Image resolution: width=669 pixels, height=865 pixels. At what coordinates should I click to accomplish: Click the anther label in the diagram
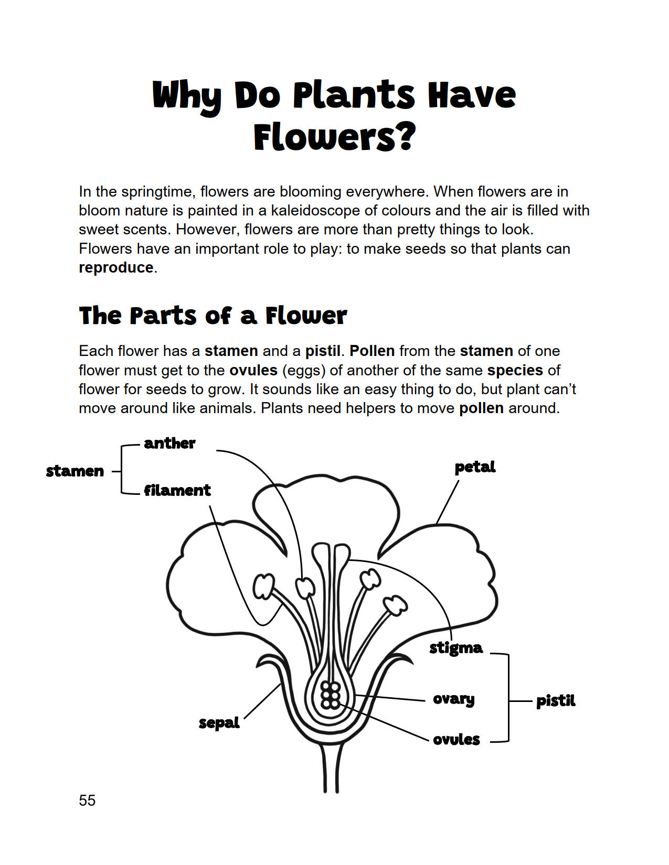169,443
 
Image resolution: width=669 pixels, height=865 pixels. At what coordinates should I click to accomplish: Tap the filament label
177,490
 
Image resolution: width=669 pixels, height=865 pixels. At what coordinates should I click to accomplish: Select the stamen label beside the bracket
75,471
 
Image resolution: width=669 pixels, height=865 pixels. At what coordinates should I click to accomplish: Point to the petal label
475,467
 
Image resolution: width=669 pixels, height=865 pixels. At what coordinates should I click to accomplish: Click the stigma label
456,648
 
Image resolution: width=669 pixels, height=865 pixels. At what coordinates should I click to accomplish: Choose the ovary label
454,699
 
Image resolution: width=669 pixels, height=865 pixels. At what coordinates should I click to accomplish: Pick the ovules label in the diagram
456,740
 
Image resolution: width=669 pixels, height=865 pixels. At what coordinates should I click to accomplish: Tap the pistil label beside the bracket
556,701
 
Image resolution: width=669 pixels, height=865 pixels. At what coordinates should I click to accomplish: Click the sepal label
219,723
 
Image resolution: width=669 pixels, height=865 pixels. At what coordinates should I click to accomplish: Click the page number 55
87,800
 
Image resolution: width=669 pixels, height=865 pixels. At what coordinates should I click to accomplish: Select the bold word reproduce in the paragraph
116,267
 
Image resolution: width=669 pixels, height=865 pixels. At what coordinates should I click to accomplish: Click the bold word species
515,370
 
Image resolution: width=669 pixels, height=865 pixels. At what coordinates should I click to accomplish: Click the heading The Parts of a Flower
213,316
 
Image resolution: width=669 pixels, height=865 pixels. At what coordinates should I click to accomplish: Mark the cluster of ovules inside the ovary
331,696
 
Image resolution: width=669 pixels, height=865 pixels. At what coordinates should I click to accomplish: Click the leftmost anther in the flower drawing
263,586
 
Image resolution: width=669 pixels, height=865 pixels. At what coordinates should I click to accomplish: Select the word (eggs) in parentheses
304,370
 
